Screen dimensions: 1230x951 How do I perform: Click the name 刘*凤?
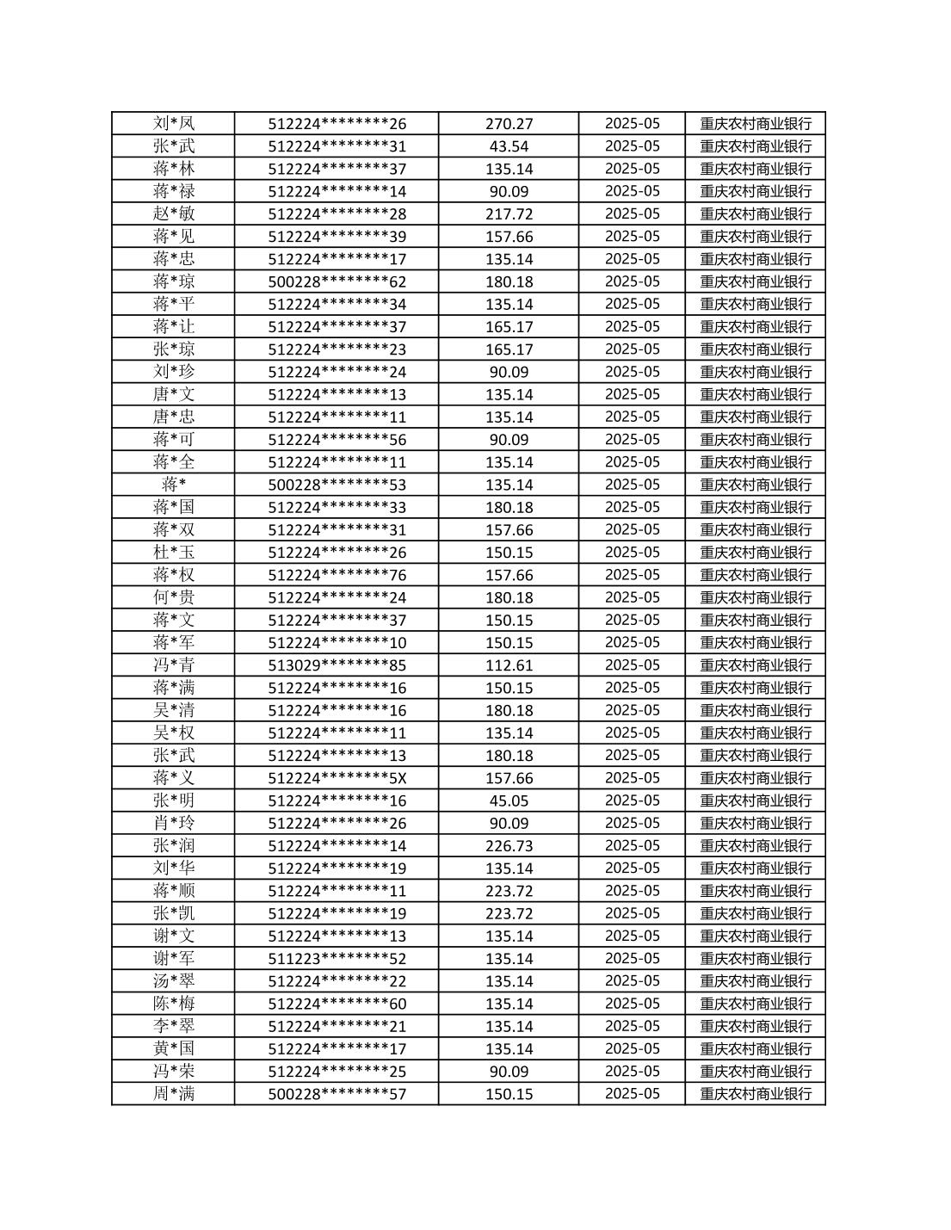[174, 123]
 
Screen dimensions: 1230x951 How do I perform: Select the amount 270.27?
[509, 123]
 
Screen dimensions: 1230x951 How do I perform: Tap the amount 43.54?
[509, 146]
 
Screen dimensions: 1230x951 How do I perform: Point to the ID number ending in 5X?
[337, 778]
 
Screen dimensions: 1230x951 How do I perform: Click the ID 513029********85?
[337, 665]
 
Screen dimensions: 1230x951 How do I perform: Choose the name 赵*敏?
[174, 213]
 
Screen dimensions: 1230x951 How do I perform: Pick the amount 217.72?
[509, 213]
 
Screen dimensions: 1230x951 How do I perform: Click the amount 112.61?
[509, 665]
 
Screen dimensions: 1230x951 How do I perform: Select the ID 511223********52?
[337, 959]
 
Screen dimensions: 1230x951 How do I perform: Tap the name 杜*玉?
[174, 552]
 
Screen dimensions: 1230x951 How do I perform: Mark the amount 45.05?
[509, 800]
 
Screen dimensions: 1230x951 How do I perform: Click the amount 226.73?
[509, 845]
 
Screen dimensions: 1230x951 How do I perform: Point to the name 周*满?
[174, 1094]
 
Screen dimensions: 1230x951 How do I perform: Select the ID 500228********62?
[337, 281]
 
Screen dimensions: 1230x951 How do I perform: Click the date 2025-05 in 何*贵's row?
[632, 597]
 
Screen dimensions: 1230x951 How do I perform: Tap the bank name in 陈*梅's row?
[756, 1004]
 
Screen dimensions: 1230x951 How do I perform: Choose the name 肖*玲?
[174, 823]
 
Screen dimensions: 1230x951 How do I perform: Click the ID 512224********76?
[337, 575]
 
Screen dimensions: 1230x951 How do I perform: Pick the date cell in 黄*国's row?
[632, 1048]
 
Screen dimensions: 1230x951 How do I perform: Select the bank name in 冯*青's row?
[756, 665]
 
